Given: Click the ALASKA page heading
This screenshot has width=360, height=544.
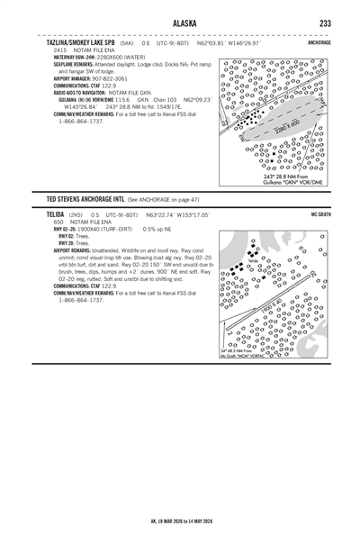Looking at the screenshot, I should (x=180, y=22).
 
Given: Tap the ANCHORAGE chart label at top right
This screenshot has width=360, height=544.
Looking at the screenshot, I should (x=319, y=42).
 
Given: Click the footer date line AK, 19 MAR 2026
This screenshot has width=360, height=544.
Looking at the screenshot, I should (x=180, y=521).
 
